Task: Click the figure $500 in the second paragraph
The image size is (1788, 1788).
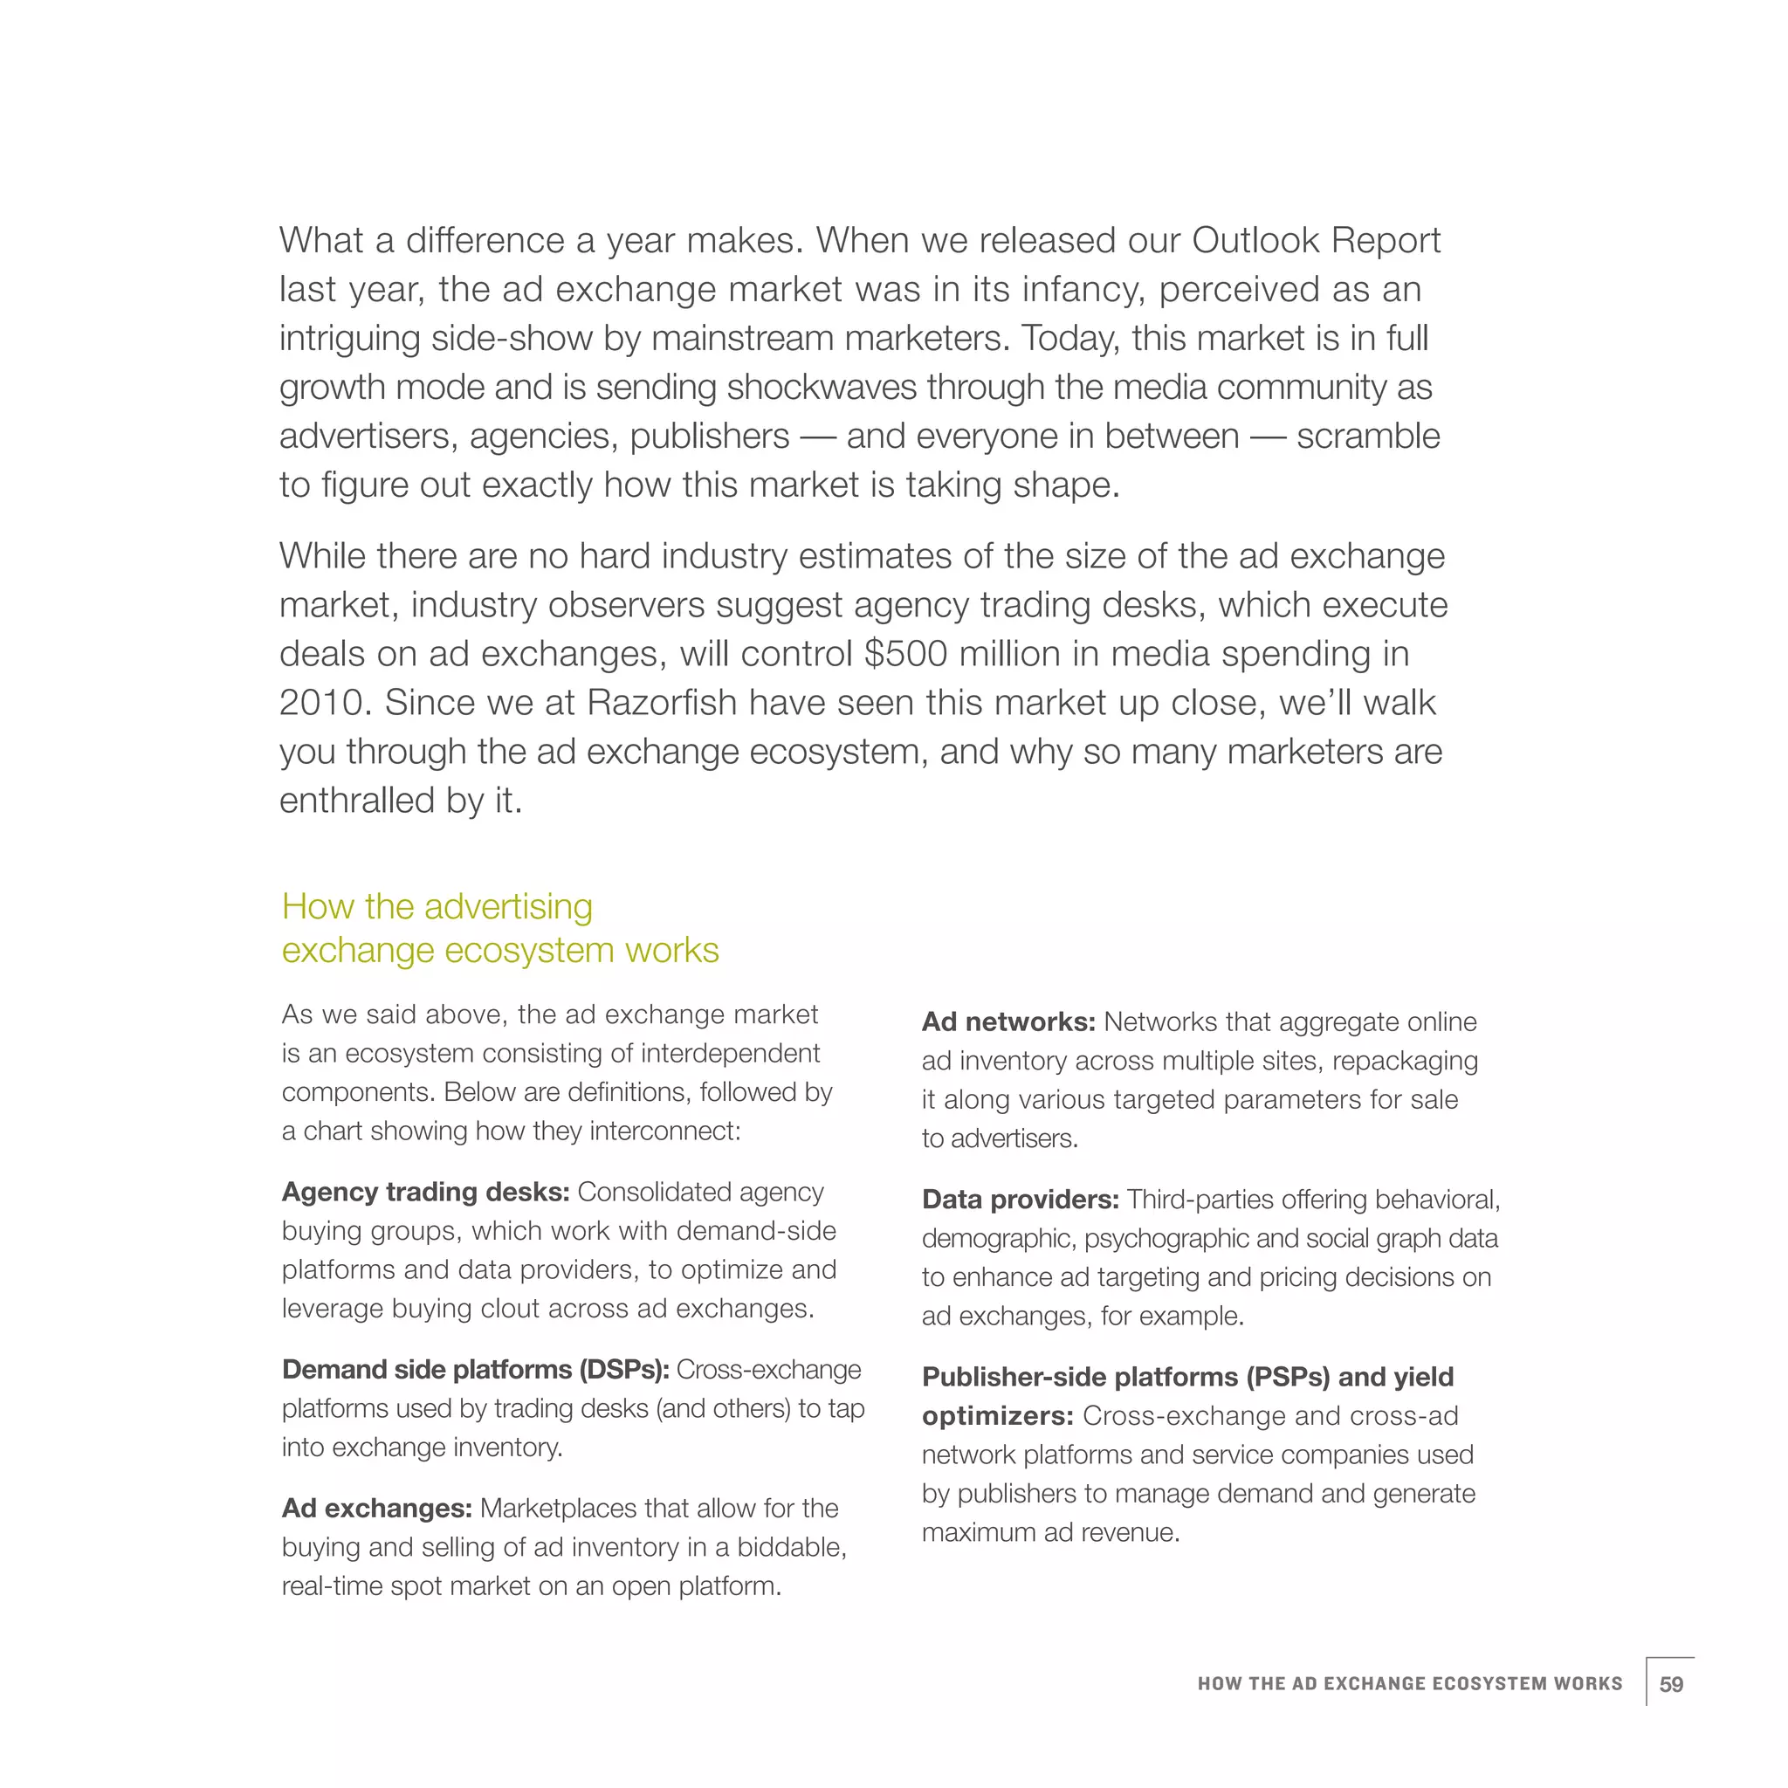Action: point(905,653)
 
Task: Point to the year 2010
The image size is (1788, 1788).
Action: point(325,703)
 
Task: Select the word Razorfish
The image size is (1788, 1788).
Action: point(662,703)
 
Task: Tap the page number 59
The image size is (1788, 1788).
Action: point(1670,1683)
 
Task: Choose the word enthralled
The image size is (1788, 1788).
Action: point(357,801)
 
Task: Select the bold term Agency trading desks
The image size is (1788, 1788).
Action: point(425,1192)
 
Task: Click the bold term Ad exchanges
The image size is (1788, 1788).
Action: point(376,1509)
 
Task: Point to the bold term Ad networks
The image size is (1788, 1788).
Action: point(1007,1021)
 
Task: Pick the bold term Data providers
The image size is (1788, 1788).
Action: point(1020,1200)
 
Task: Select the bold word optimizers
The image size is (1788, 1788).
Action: point(997,1416)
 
